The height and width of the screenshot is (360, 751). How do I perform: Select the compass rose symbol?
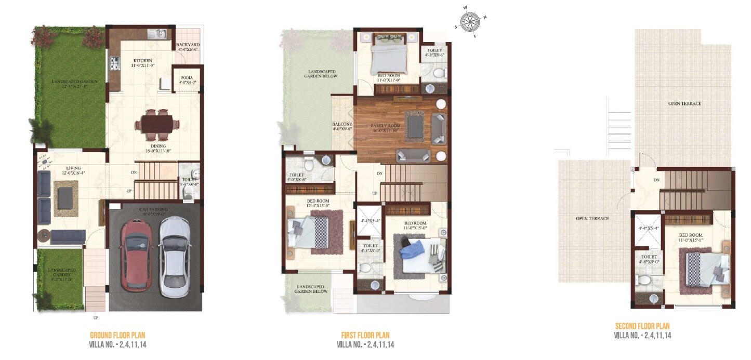point(470,21)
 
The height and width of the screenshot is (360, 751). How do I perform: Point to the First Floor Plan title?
point(365,335)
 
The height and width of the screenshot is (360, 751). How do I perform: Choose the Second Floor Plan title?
point(642,326)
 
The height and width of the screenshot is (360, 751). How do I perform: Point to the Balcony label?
point(342,124)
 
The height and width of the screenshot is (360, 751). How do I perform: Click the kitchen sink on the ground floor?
point(156,34)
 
